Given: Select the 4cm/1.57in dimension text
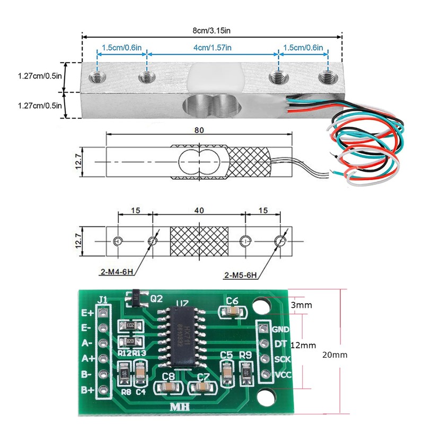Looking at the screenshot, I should [x=213, y=48].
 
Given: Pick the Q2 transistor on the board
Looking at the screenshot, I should [x=136, y=299].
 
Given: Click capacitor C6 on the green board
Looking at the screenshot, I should [x=232, y=312].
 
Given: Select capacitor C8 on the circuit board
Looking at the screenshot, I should [x=169, y=388].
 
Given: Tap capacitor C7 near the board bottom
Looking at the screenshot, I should [x=203, y=388].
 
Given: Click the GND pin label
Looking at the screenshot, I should [x=280, y=329].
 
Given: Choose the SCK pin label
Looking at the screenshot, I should [x=280, y=359].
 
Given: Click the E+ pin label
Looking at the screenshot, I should [x=87, y=312].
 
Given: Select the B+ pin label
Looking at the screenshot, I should [x=87, y=390].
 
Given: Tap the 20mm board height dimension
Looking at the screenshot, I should [x=335, y=355].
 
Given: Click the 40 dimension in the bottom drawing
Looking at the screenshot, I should [x=199, y=210].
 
